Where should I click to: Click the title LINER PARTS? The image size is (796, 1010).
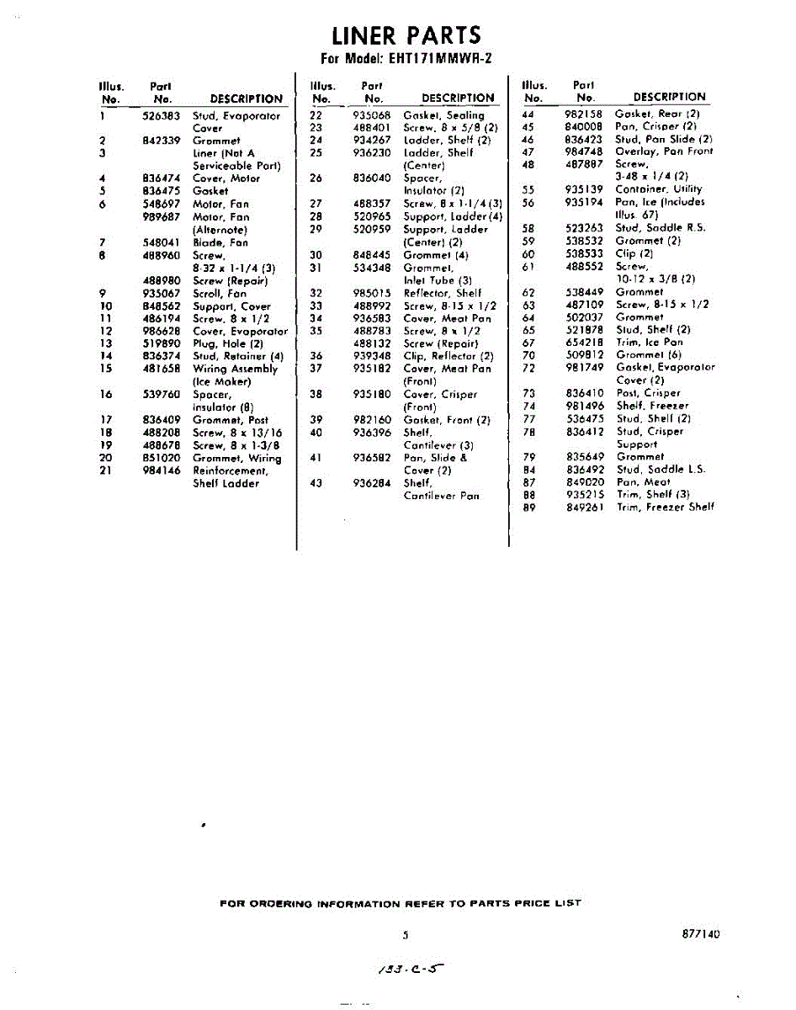[x=406, y=36]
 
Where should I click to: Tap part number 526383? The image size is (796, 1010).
[x=162, y=116]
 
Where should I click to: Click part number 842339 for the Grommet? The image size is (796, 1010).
[x=162, y=141]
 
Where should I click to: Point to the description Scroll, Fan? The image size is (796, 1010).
[x=220, y=294]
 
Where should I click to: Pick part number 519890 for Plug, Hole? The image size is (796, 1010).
[x=162, y=343]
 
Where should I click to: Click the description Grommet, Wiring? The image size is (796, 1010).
[x=236, y=458]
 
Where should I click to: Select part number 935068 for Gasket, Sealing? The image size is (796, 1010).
[x=372, y=114]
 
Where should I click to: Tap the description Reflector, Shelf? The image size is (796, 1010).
[x=443, y=293]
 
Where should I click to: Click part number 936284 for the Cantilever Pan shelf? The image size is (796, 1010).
[x=372, y=483]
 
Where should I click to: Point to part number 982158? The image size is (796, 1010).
[x=584, y=113]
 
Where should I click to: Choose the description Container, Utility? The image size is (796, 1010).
[x=658, y=189]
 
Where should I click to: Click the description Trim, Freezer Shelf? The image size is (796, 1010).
[x=665, y=507]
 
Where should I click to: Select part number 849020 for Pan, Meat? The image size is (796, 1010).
[x=585, y=482]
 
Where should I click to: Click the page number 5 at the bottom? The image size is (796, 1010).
[x=405, y=934]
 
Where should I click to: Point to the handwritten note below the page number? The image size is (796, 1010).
[x=410, y=970]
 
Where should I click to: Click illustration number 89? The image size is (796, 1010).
[x=528, y=507]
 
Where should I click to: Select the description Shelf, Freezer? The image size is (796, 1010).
[x=651, y=406]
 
